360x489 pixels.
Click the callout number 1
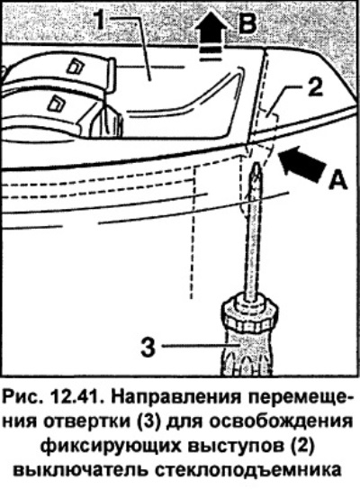pos(99,19)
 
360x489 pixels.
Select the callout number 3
pos(148,348)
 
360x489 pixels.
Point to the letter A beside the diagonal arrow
pos(337,180)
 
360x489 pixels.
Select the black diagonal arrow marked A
pos(301,163)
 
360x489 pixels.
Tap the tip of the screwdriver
pos(256,164)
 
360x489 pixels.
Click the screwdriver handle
pos(247,352)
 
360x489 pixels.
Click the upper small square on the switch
pos(76,66)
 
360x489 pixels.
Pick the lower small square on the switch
pos(56,103)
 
